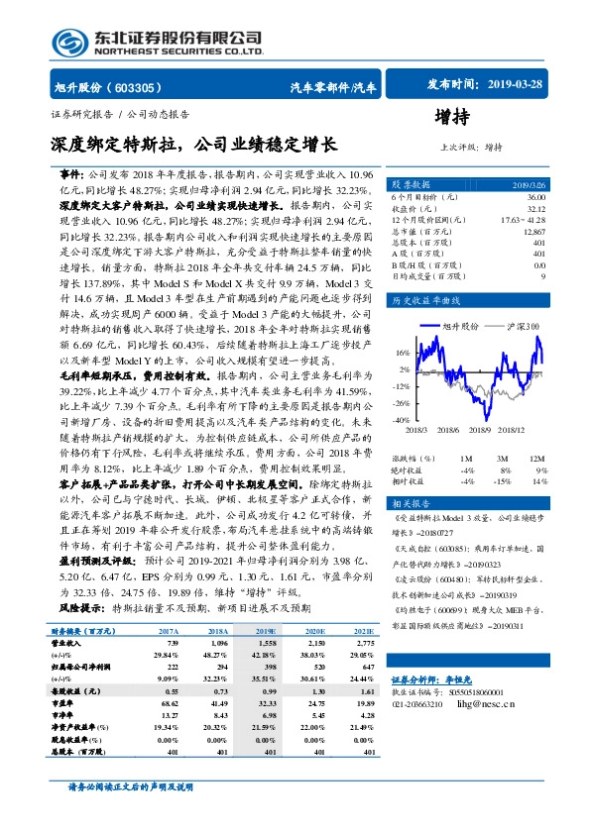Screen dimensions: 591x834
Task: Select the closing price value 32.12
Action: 535,208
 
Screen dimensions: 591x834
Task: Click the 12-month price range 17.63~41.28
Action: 522,219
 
